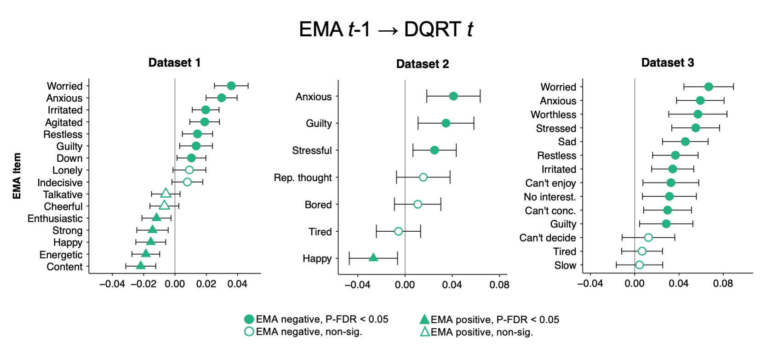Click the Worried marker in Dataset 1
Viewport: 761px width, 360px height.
231,86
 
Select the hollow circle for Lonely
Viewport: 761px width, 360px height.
189,170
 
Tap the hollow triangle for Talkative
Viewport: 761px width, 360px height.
166,193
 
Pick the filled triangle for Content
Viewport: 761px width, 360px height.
141,265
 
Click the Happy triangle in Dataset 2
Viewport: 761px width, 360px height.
373,257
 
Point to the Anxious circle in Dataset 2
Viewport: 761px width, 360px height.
453,96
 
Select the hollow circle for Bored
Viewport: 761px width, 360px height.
418,204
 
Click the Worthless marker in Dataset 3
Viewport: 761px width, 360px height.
698,114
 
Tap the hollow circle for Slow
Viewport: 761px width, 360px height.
639,265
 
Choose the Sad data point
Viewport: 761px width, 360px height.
685,142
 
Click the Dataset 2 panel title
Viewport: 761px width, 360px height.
423,64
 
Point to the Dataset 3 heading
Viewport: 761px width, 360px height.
668,63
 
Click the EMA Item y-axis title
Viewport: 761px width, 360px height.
17,176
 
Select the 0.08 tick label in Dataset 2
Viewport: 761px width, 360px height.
499,285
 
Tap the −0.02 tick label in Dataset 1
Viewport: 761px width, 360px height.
143,284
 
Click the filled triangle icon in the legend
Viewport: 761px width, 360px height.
424,319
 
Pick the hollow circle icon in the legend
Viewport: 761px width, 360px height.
249,331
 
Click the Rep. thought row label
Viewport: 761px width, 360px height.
303,177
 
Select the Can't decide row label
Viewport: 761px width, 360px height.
547,238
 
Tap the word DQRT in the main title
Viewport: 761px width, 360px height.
432,29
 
